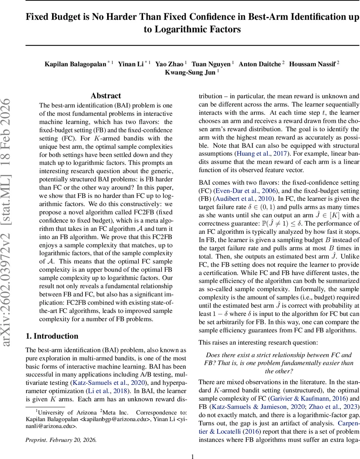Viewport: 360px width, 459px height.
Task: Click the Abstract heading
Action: [106, 96]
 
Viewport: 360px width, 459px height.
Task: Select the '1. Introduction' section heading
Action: [52, 336]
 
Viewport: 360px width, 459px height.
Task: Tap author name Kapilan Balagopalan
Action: [75, 64]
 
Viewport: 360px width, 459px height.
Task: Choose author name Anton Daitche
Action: [260, 64]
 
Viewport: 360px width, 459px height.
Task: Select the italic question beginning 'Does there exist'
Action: [279, 363]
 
